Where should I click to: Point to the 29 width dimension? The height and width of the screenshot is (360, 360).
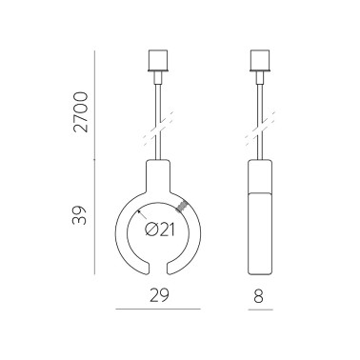coord(157,294)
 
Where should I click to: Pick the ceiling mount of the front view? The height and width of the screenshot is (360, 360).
coord(157,62)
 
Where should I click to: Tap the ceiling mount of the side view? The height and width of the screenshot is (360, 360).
coord(260,62)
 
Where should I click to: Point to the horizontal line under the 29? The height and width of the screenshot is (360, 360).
coord(157,310)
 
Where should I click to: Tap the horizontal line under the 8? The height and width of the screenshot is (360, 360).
coord(260,310)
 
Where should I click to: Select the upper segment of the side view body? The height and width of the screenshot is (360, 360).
coord(260,178)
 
